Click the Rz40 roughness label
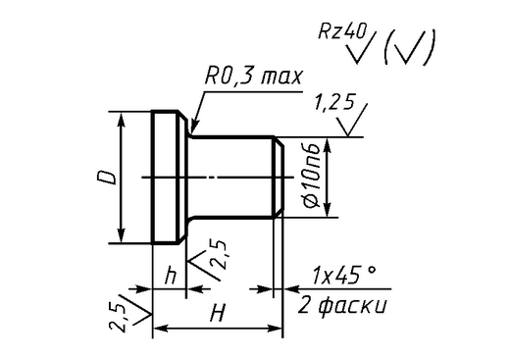342,31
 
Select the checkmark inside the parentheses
407,48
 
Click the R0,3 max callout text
253,77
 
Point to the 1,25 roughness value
333,103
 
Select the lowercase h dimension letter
171,276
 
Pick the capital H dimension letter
218,313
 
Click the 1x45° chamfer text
344,275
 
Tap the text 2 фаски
342,306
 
